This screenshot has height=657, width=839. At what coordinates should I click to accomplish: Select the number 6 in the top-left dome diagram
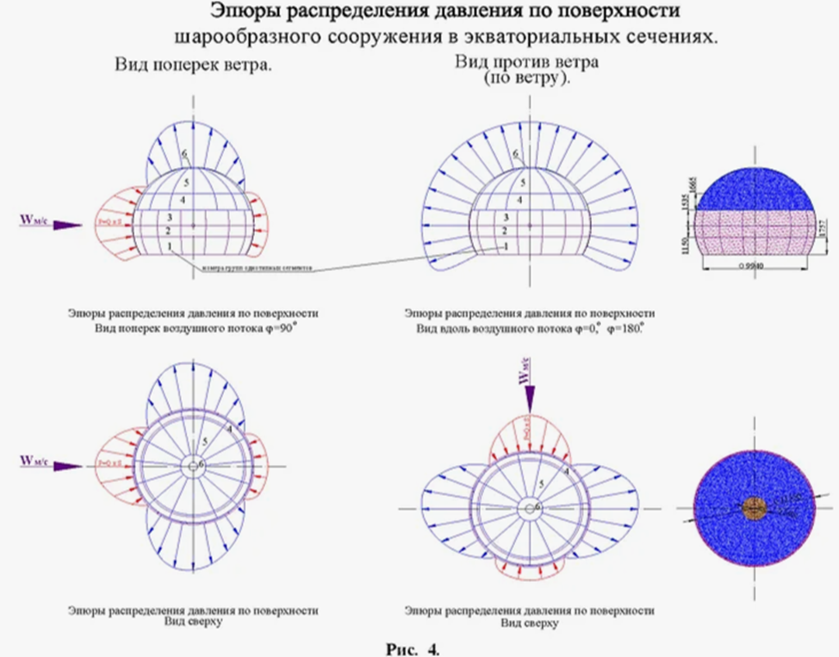[184, 153]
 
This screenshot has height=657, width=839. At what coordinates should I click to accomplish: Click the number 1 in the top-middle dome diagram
[507, 246]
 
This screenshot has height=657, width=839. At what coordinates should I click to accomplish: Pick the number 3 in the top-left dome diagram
[171, 217]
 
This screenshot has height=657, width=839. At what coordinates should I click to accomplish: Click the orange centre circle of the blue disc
[755, 508]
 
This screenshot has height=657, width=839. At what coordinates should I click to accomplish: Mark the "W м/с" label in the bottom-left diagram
[34, 462]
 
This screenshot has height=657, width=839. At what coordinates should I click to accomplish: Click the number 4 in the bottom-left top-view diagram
[231, 428]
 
